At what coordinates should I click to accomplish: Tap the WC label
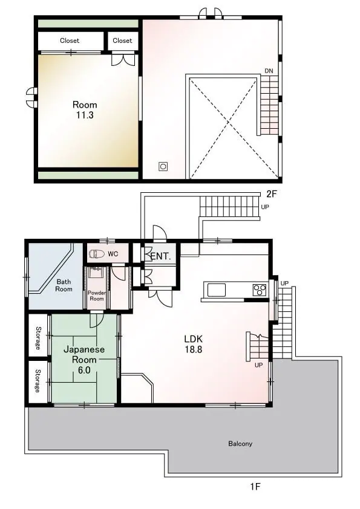coord(113,254)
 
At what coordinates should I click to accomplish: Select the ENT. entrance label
coord(160,256)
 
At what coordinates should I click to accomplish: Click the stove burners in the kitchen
coord(260,290)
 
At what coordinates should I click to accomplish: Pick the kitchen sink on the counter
coord(217,290)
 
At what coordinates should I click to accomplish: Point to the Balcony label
coord(240,444)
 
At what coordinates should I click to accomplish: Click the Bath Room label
coord(64,285)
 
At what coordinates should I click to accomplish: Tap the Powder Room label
coord(96,296)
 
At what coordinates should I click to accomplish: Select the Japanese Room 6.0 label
coord(84,360)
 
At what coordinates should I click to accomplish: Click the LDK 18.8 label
coord(194,344)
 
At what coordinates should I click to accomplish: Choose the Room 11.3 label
coord(85,110)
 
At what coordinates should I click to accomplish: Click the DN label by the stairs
coord(269,71)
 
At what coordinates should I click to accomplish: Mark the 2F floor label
coord(272,194)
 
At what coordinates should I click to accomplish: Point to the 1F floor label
coord(255,486)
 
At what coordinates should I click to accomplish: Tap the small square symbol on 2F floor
coord(163,167)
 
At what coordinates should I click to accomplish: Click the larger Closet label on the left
coord(70,41)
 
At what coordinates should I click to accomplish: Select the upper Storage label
coord(38,339)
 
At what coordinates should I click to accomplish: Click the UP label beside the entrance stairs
coord(265,207)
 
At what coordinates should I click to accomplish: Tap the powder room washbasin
coord(96,273)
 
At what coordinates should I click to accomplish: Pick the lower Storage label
coord(38,381)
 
